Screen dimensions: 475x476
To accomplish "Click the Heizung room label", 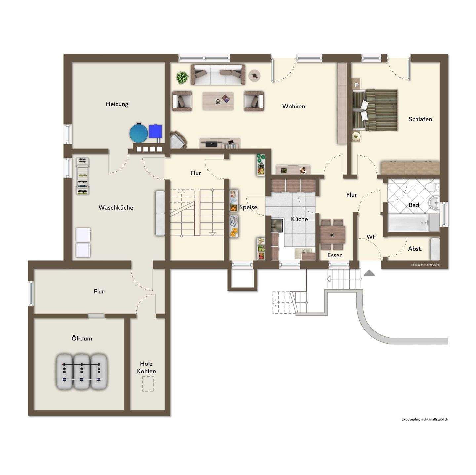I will tap(117, 104).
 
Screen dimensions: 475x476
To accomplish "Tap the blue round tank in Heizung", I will tap(139, 132).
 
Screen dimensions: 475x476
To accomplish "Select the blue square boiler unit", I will tap(155, 131).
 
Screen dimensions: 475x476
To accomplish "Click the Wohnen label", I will tap(294, 106).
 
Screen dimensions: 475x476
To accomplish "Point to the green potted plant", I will tap(182, 78).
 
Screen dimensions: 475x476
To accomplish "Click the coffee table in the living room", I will tap(218, 101).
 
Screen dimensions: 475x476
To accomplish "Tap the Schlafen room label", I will tap(420, 119).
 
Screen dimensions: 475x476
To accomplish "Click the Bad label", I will tap(414, 205).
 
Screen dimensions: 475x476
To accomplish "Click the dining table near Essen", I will tap(332, 235).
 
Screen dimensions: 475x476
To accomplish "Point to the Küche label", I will tap(299, 219).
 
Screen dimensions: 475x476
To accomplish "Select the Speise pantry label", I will tap(248, 207).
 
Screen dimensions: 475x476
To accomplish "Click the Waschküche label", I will tap(116, 208).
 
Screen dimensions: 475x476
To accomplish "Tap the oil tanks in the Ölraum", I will tap(82, 371).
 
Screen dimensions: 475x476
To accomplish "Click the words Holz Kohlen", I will tap(146, 367).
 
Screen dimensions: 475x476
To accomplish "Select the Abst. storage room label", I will tap(415, 249).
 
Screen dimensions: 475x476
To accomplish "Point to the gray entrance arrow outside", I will tap(369, 273).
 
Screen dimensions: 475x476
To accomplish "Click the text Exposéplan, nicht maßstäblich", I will tap(424, 419).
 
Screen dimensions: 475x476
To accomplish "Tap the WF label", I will tap(371, 237).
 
